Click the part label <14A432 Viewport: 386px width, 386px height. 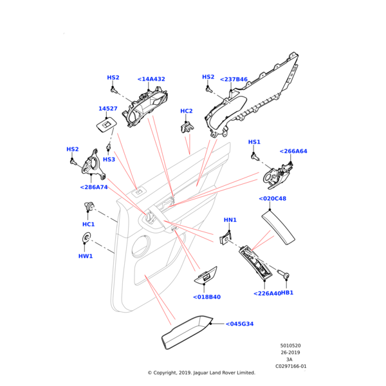click(x=151, y=79)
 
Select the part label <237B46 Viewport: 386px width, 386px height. click(x=234, y=79)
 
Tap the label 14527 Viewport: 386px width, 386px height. click(x=107, y=109)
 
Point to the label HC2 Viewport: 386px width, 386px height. click(x=187, y=111)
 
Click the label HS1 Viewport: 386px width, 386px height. click(x=254, y=142)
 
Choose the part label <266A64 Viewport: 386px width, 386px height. click(x=293, y=151)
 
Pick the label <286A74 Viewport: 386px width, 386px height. click(x=94, y=187)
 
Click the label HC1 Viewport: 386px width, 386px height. click(x=88, y=224)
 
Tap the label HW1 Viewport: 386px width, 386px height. click(x=86, y=255)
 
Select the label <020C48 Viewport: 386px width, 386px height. click(x=272, y=199)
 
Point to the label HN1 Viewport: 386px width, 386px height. click(x=230, y=220)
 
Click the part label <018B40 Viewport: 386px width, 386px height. click(x=207, y=297)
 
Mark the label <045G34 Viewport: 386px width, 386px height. click(x=239, y=324)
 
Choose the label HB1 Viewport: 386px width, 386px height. click(x=287, y=293)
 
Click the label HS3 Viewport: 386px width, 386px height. click(x=109, y=160)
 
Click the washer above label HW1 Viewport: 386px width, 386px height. click(x=86, y=240)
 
